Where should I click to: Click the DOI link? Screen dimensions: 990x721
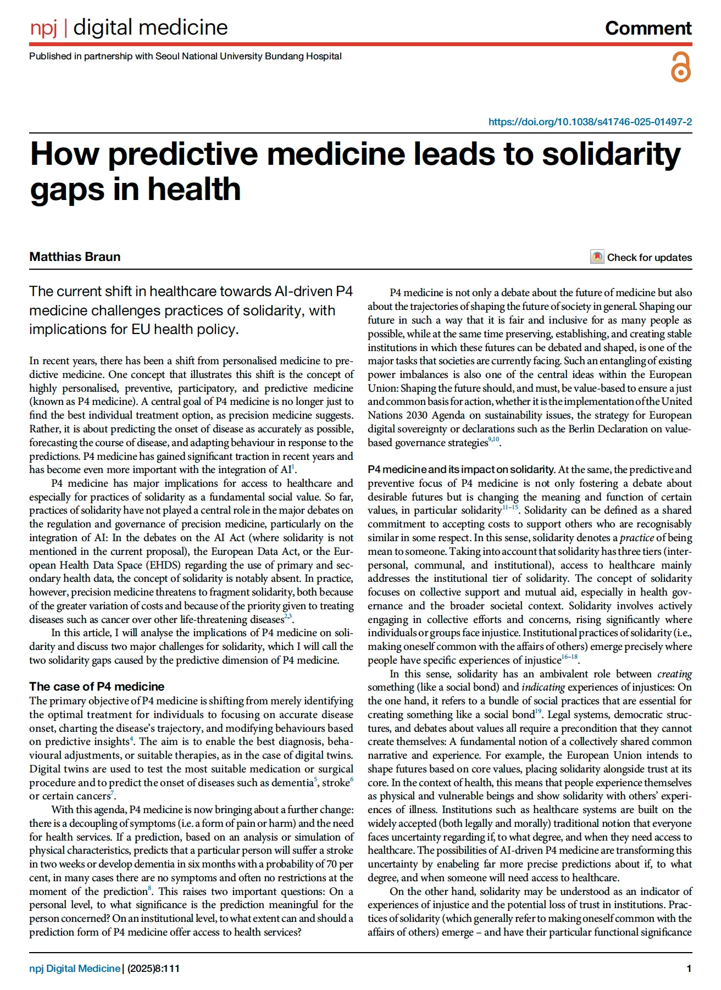point(590,122)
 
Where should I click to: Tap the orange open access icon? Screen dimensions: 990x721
point(680,68)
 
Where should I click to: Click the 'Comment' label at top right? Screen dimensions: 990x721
point(648,28)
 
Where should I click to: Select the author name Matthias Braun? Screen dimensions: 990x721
point(75,257)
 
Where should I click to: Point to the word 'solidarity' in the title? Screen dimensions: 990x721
point(611,154)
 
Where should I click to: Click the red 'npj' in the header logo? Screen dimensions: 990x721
point(43,27)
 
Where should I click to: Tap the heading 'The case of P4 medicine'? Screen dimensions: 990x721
point(97,687)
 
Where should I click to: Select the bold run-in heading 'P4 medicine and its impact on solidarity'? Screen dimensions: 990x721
point(461,470)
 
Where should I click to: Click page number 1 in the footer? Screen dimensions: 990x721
point(689,969)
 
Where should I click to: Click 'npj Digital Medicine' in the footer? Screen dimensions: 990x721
point(75,969)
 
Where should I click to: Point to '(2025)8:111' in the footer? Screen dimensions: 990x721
point(153,969)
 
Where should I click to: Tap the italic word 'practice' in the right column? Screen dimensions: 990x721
point(637,538)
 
